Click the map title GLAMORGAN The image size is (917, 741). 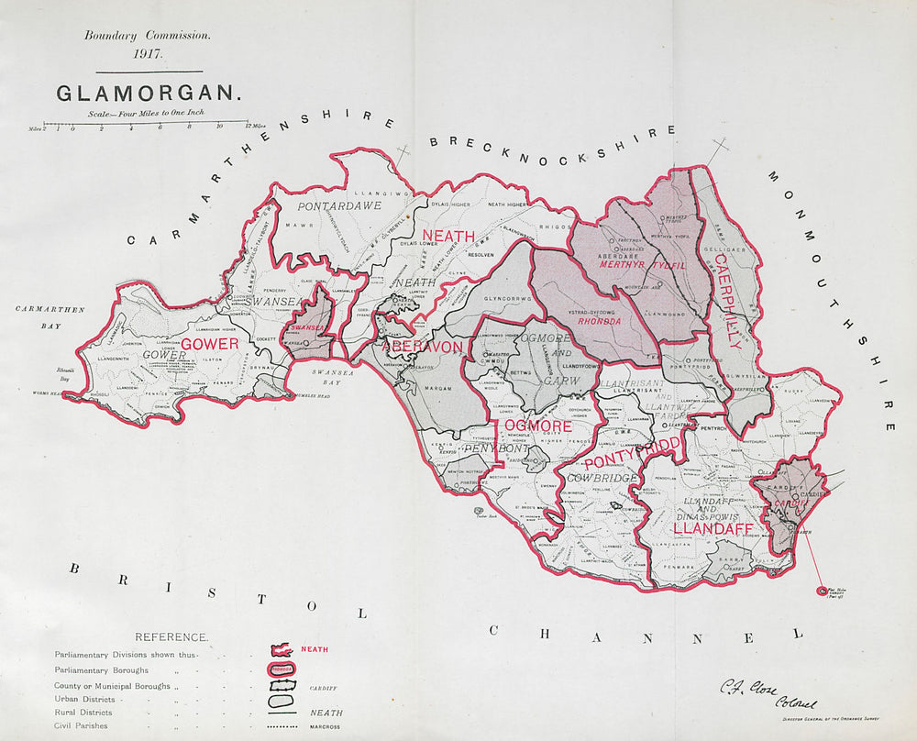[x=149, y=94]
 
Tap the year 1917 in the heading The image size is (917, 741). [x=148, y=53]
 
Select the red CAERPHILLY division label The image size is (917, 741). [x=726, y=304]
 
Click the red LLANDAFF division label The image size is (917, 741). [x=713, y=529]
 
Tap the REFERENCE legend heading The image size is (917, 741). [x=171, y=636]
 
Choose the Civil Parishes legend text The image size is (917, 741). [x=81, y=726]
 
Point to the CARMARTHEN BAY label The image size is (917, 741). [x=50, y=315]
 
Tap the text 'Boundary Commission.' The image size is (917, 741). [x=148, y=36]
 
